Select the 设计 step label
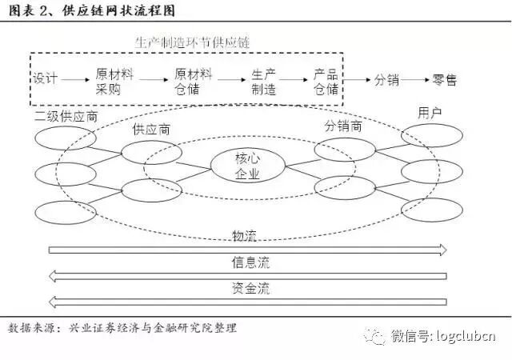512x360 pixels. (45, 80)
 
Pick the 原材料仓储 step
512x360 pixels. (193, 81)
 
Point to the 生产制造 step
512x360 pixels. (263, 81)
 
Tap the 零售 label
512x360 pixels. (444, 80)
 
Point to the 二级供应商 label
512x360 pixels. (66, 117)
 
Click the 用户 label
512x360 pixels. (430, 112)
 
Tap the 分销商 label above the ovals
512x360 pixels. (343, 126)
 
